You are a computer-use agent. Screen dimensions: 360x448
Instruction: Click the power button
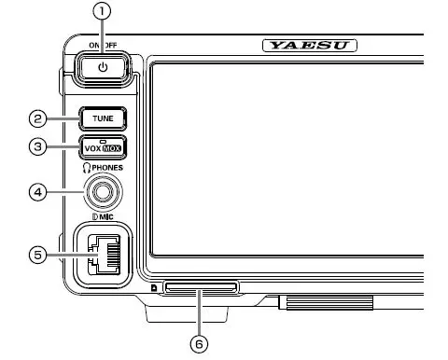(103, 68)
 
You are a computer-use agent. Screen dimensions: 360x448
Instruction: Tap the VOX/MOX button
(102, 148)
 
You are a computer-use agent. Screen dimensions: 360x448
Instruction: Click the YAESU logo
(311, 45)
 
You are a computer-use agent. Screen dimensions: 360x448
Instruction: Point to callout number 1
(103, 12)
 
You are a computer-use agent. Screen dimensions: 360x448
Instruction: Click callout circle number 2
(36, 118)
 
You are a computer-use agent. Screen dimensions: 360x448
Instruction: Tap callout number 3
(36, 147)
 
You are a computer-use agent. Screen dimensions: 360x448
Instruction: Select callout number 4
(36, 193)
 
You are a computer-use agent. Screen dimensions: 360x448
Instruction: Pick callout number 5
(36, 255)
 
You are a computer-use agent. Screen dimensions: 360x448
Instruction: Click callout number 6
(198, 343)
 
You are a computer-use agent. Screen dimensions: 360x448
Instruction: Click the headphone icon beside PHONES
(88, 168)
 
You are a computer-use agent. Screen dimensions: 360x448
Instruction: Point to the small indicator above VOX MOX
(102, 141)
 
